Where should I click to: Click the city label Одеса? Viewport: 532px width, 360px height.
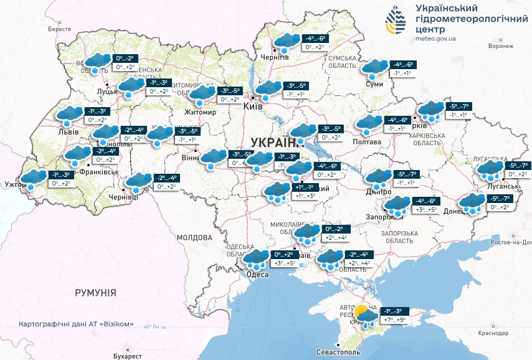click(257, 275)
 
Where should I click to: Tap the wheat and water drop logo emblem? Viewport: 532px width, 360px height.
click(394, 22)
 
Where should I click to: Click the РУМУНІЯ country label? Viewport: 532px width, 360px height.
click(95, 292)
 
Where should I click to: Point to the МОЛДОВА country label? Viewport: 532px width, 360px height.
click(194, 237)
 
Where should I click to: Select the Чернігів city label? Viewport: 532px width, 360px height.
click(275, 57)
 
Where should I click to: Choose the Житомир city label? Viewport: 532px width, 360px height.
click(200, 112)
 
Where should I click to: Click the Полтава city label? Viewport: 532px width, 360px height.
click(368, 142)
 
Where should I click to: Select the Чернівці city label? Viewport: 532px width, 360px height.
click(123, 197)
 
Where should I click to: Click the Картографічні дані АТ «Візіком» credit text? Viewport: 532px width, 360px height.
click(77, 324)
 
